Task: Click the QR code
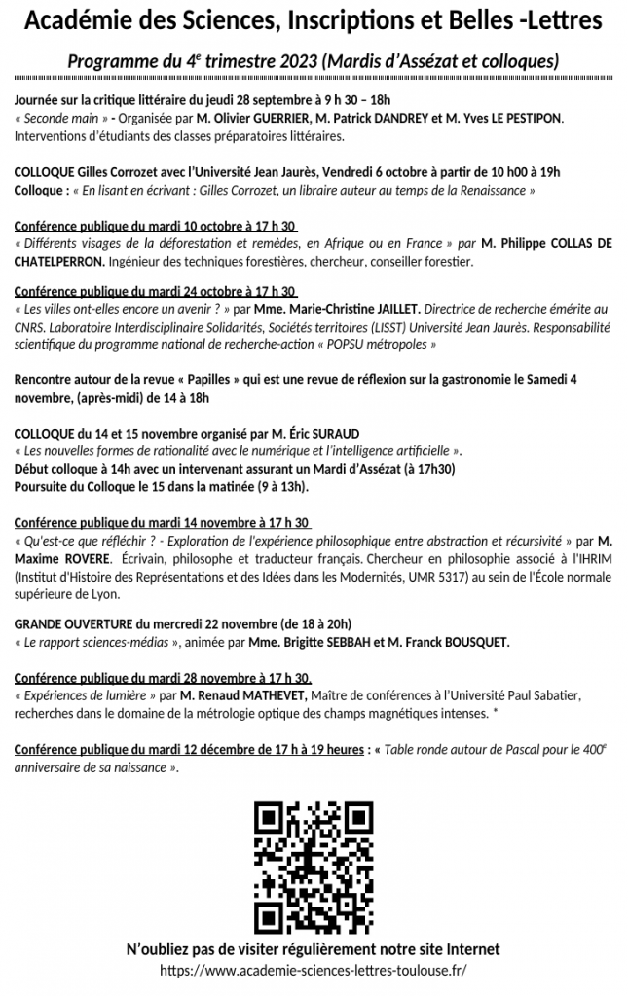coord(314,865)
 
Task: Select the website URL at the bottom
coord(314,970)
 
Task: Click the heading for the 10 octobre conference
coord(156,227)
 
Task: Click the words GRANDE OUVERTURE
coord(74,623)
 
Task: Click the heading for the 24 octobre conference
coord(156,291)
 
